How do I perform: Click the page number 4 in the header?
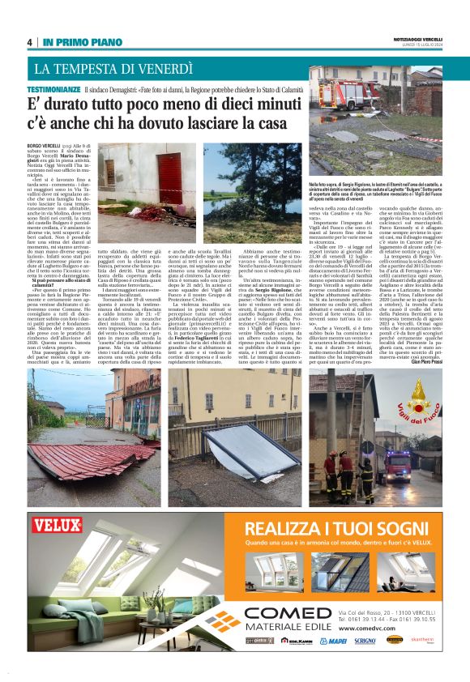(x=31, y=43)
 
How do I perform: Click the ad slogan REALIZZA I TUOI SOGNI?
(x=318, y=528)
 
